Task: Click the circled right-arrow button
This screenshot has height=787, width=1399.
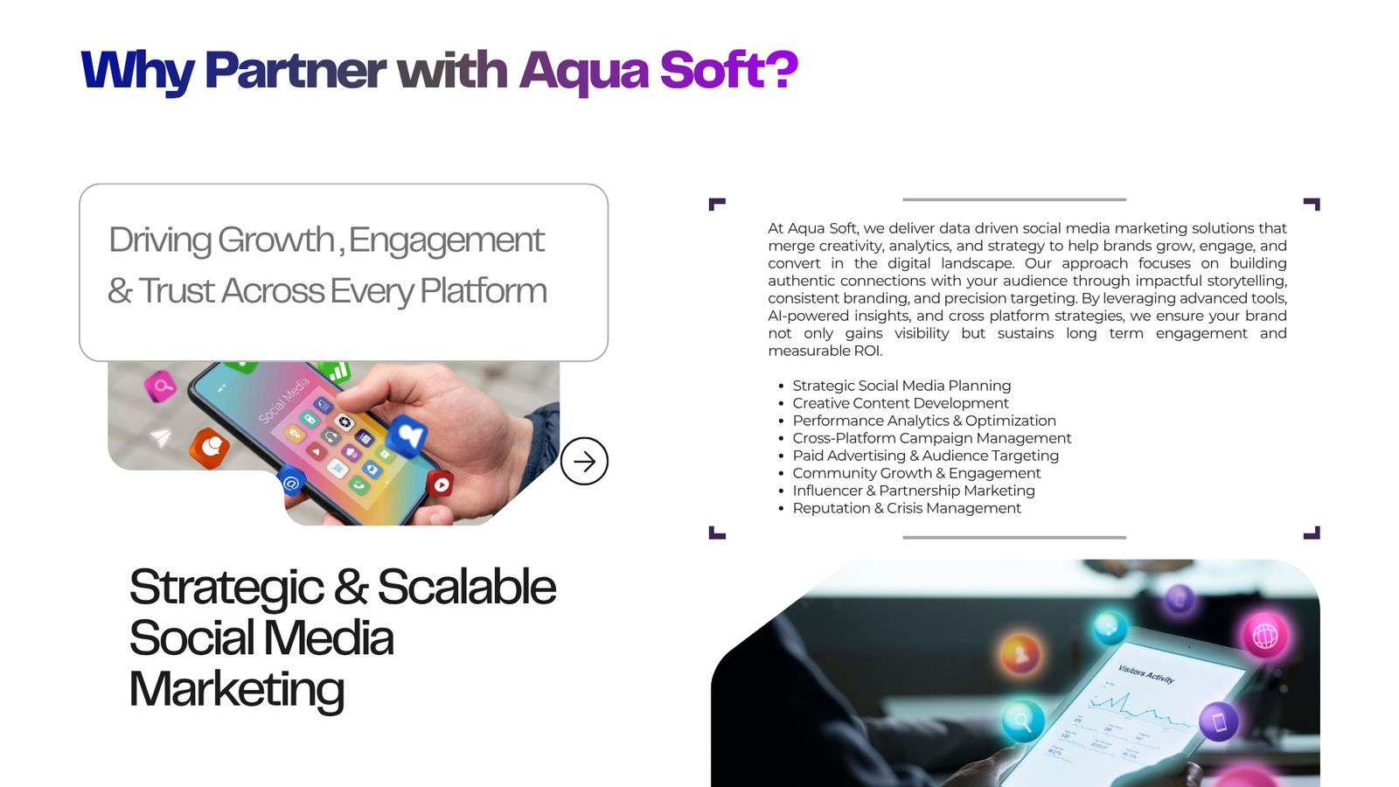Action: pos(584,461)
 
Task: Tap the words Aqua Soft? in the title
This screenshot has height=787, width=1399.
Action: pos(658,71)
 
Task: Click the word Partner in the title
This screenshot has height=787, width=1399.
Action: pos(295,70)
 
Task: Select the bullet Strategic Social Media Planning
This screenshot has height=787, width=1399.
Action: pos(901,386)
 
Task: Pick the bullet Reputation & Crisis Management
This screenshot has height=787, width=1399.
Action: pos(906,508)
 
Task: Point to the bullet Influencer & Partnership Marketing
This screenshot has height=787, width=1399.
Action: pos(914,491)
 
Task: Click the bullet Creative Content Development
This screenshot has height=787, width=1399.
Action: pos(901,403)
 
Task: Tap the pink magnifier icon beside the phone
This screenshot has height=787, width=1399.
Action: pos(161,386)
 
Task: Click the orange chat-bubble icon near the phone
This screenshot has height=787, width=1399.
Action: pos(209,447)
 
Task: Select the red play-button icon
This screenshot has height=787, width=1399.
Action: pos(441,484)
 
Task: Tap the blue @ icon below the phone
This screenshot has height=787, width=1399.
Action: pos(291,482)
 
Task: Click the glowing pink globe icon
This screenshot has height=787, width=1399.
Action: pos(1264,637)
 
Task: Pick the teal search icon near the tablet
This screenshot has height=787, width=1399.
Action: pos(1023,721)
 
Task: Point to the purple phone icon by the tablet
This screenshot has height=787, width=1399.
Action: pos(1219,722)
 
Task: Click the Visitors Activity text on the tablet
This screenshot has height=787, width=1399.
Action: pos(1146,674)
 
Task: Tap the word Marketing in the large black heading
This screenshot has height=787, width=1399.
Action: pos(237,690)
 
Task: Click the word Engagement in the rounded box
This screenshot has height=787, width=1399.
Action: pos(447,240)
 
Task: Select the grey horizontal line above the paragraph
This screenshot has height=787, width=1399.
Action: pos(1014,200)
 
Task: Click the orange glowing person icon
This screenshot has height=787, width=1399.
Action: pos(1020,655)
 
